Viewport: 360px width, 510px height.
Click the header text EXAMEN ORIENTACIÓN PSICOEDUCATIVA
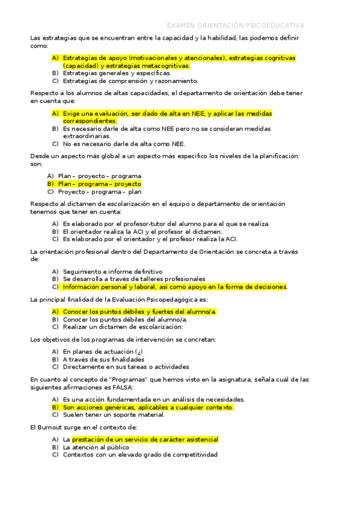click(x=235, y=26)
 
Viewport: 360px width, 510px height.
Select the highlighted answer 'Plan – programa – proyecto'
click(x=99, y=183)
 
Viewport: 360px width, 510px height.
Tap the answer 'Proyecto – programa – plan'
click(x=99, y=192)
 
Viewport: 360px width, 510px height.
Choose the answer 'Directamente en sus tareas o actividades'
click(x=126, y=366)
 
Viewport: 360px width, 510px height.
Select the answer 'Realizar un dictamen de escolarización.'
click(x=122, y=327)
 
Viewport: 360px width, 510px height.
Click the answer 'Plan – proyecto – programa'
click(x=99, y=176)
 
